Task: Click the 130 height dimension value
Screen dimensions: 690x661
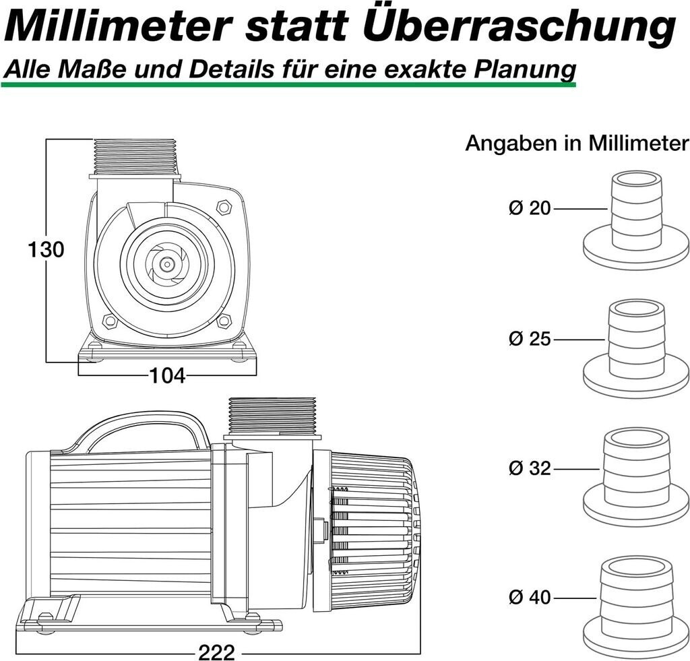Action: pyautogui.click(x=46, y=250)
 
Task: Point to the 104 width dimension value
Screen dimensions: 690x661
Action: pyautogui.click(x=166, y=376)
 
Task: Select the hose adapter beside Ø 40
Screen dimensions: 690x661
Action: pyautogui.click(x=635, y=606)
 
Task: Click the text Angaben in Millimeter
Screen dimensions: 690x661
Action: pyautogui.click(x=577, y=144)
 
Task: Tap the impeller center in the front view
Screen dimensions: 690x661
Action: pyautogui.click(x=165, y=263)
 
